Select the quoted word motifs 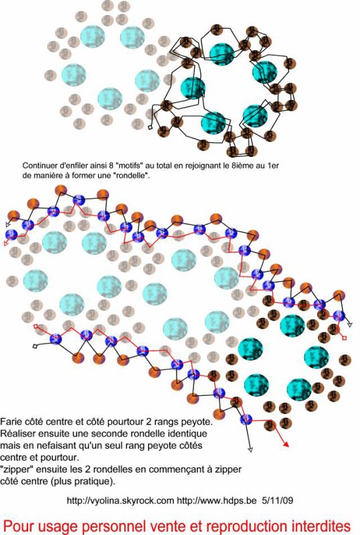(x=130, y=165)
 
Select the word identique (x=189, y=433)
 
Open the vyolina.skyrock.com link (x=120, y=500)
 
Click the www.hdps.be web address (x=216, y=500)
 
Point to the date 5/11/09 (x=277, y=500)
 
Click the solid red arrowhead (x=286, y=444)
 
